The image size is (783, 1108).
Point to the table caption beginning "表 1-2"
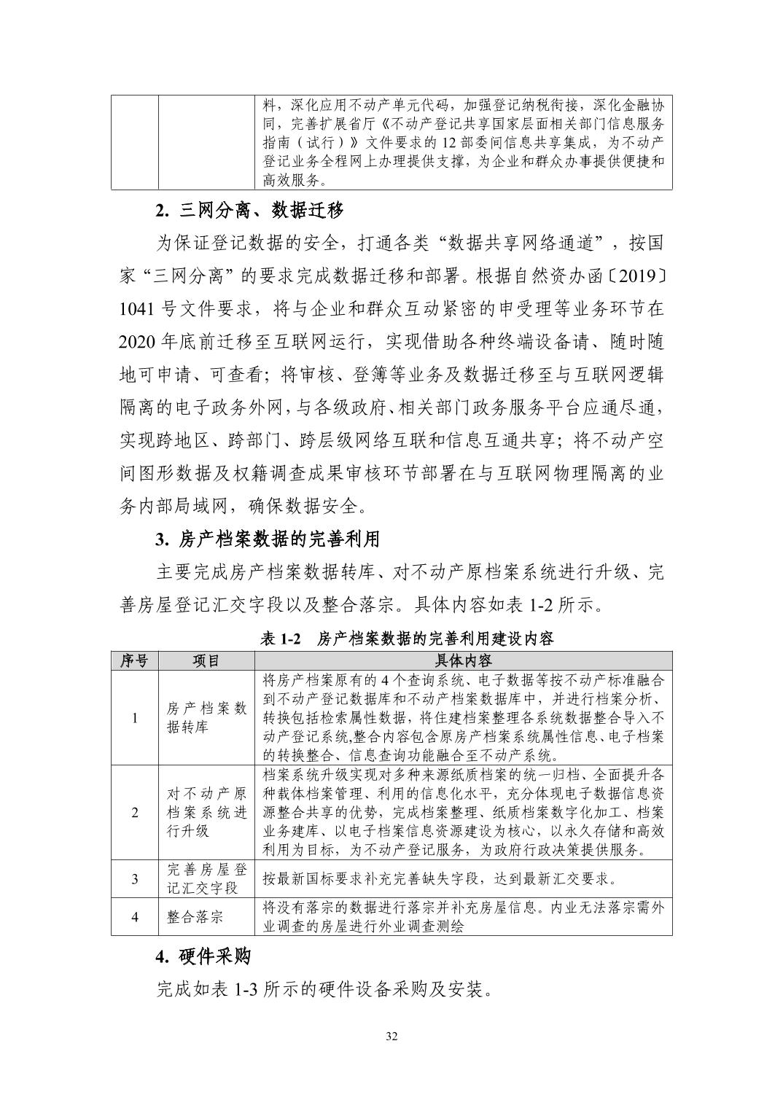(406, 639)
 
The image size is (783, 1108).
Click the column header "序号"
(134, 660)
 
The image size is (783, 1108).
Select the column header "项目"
(206, 660)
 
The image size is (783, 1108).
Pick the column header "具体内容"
(463, 660)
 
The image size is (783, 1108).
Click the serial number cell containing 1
(134, 717)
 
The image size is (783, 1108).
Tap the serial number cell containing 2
(134, 812)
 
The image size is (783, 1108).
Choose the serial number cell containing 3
(134, 878)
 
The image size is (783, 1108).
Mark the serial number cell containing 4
(134, 916)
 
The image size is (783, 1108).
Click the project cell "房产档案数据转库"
(206, 717)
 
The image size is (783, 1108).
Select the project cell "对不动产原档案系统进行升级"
(206, 812)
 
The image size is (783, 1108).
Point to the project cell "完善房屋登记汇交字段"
(206, 878)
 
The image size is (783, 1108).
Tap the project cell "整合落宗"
(195, 916)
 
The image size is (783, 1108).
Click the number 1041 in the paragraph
(136, 308)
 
